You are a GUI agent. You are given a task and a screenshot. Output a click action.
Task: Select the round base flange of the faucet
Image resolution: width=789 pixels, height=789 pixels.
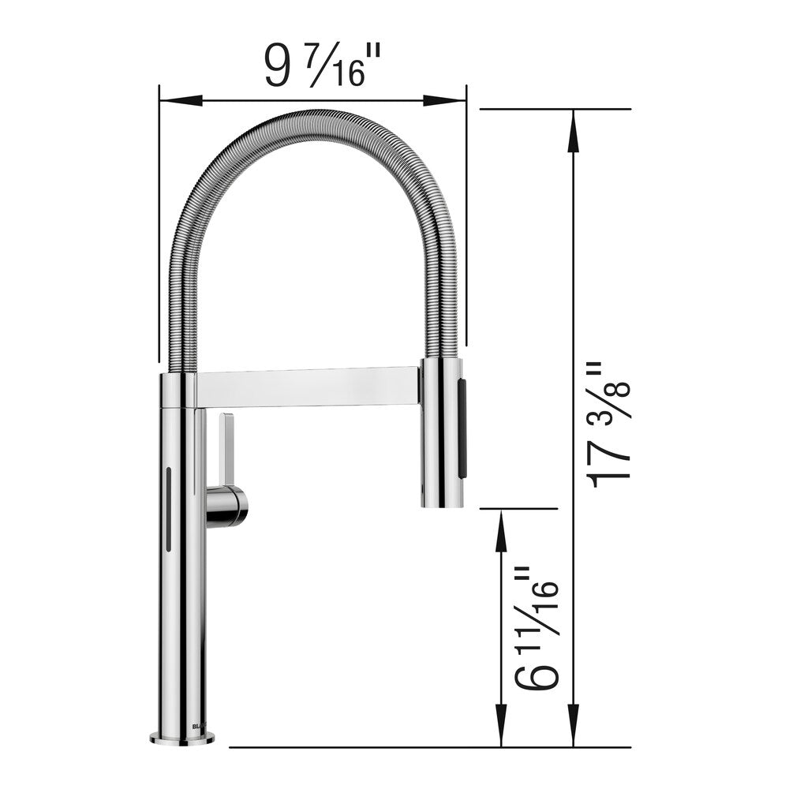(182, 739)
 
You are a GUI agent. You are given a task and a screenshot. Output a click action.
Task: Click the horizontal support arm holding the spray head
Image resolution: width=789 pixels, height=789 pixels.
(308, 387)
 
